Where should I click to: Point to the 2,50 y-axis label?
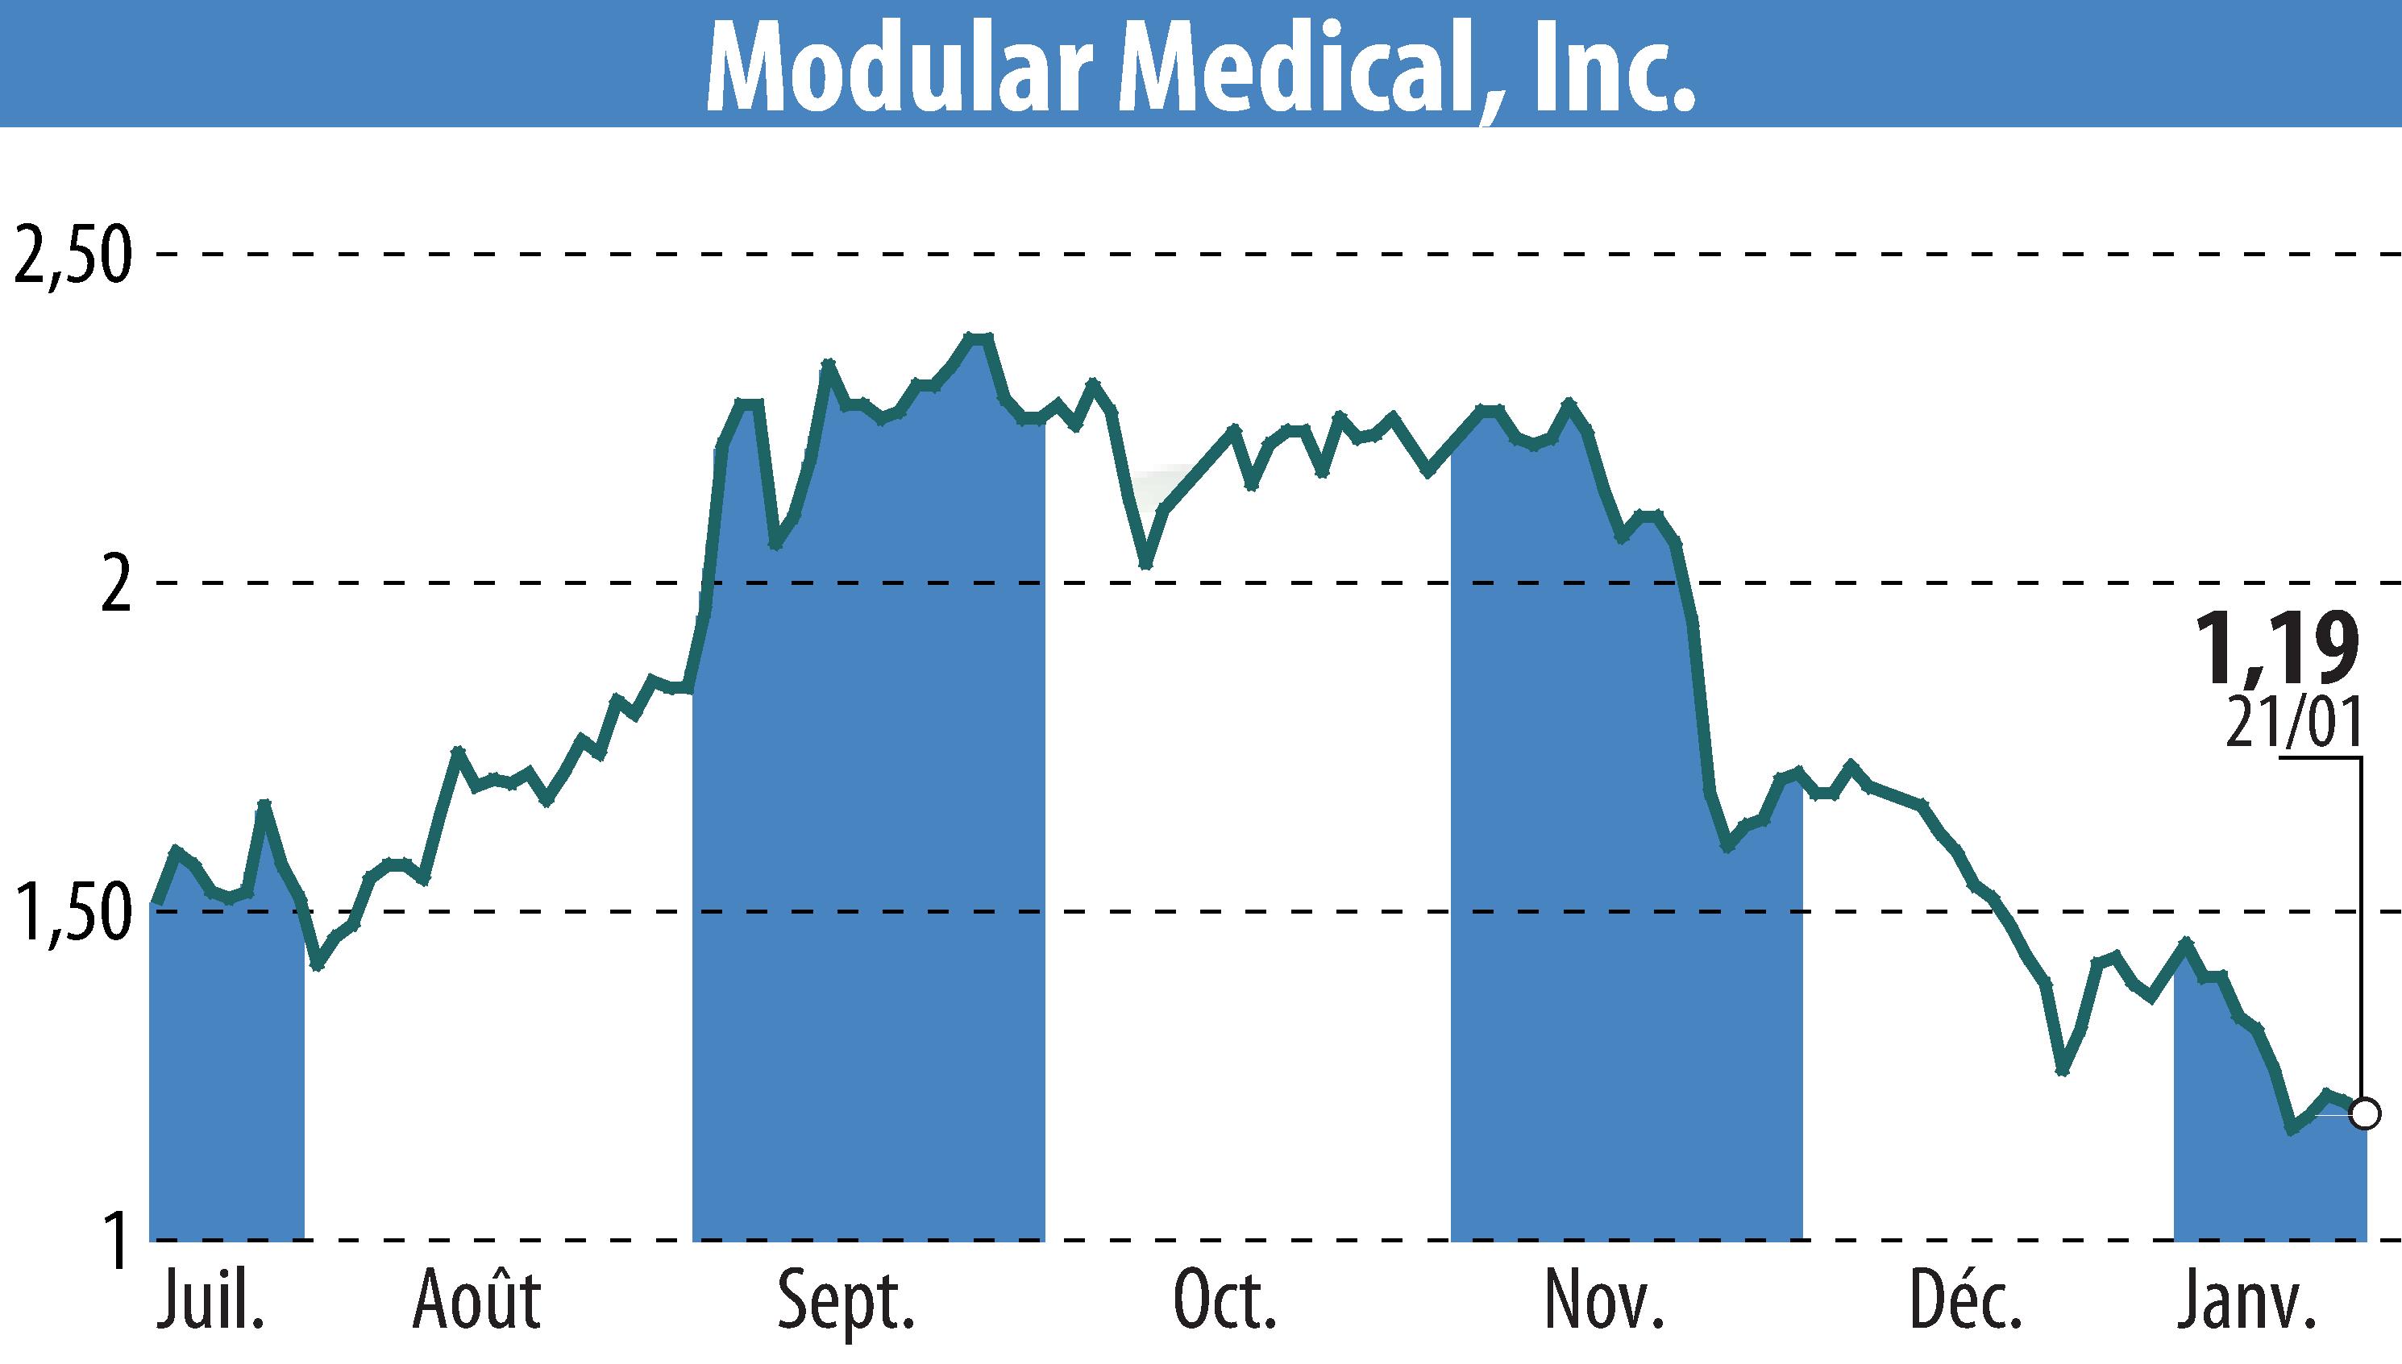[x=70, y=255]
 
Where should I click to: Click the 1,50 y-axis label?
[x=70, y=913]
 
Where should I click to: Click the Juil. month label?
[x=210, y=1301]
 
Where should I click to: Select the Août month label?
[x=477, y=1301]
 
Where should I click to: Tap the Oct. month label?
[x=1224, y=1301]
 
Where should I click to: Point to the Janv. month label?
[x=2246, y=1301]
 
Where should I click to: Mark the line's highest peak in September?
[x=979, y=338]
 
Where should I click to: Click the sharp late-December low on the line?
[x=2062, y=1070]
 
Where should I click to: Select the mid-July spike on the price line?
[x=264, y=804]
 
